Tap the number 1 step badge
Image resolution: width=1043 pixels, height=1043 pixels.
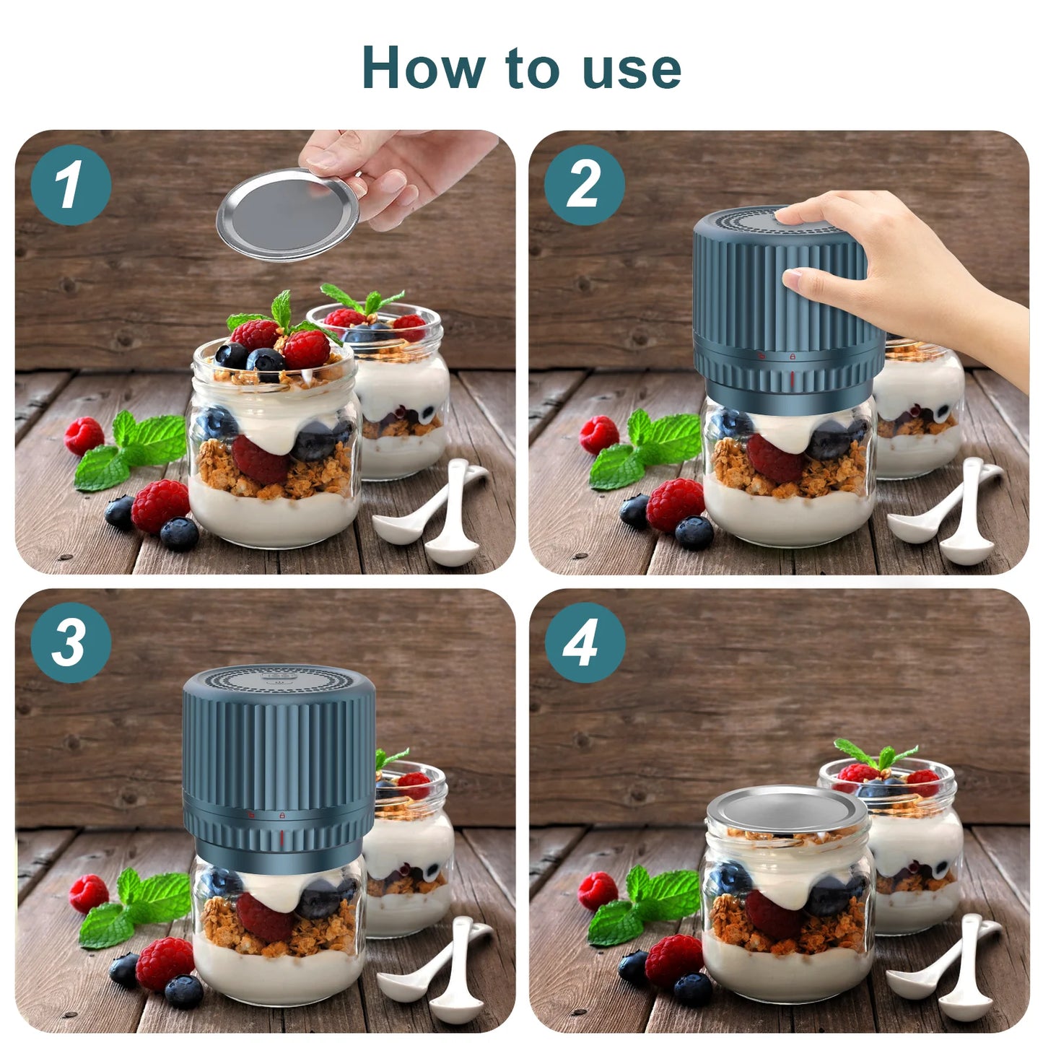click(x=70, y=185)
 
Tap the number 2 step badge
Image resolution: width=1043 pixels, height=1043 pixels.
click(x=584, y=185)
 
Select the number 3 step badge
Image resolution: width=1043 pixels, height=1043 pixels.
click(x=70, y=642)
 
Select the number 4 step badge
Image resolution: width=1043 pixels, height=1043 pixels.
click(x=584, y=642)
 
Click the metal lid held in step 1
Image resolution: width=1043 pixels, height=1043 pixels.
click(x=287, y=214)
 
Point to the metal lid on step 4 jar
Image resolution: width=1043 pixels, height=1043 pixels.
click(x=787, y=809)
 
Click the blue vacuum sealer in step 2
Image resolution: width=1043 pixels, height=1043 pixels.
click(x=787, y=303)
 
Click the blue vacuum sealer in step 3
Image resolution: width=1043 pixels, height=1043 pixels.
click(x=279, y=758)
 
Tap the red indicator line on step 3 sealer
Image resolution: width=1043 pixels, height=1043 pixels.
click(x=281, y=838)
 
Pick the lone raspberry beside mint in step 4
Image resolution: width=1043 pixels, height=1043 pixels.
click(x=597, y=891)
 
